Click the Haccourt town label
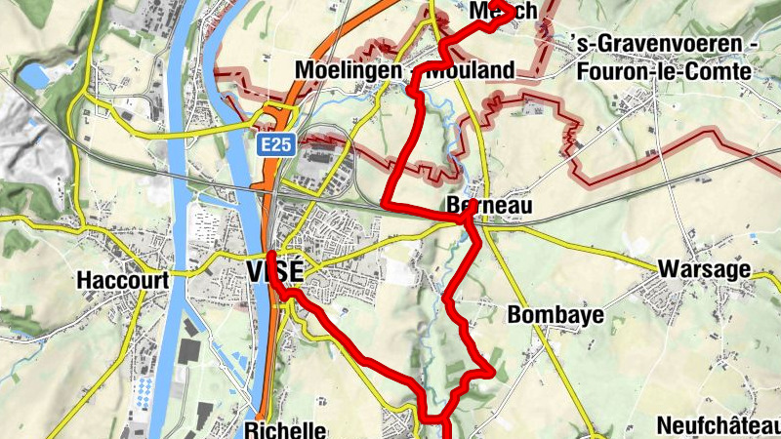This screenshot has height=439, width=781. pos(122,281)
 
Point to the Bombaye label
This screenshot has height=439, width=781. pos(555,315)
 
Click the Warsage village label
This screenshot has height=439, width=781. pos(704,268)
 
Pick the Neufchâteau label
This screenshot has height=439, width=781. pos(718,426)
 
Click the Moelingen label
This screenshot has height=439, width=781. pos(349,71)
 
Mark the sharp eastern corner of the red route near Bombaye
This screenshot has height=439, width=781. pos(493,372)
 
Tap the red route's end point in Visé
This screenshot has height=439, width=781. pos(270,257)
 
